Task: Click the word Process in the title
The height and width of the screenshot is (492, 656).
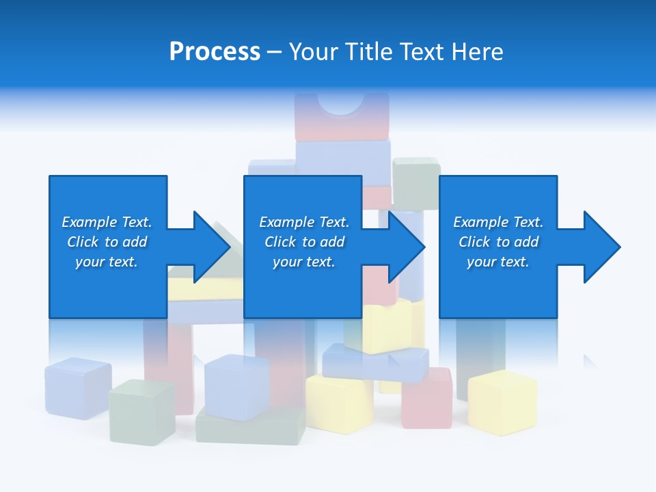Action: (x=215, y=52)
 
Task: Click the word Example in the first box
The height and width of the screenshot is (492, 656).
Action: (x=89, y=222)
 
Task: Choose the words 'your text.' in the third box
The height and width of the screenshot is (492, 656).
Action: (x=497, y=262)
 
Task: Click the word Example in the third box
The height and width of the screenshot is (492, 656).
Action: (x=481, y=222)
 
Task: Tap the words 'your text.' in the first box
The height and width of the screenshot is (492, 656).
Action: (x=106, y=262)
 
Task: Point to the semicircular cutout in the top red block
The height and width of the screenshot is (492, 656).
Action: (x=341, y=103)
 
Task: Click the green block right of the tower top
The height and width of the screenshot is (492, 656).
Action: (x=416, y=182)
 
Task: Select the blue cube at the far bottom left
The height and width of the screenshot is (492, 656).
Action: (x=78, y=387)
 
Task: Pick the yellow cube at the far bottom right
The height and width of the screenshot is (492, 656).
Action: (x=502, y=402)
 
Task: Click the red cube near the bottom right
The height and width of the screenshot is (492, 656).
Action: (x=427, y=398)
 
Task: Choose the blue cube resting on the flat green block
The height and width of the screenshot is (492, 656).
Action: (x=236, y=386)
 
